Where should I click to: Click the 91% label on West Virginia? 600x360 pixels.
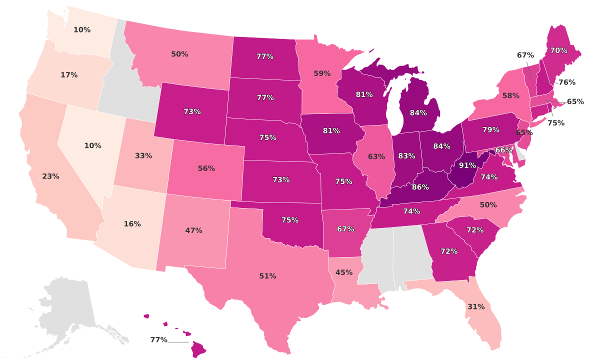click(467, 165)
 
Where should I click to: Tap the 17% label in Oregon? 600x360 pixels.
click(69, 75)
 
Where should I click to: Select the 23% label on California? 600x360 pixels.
click(50, 176)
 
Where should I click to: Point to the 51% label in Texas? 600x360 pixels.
click(267, 276)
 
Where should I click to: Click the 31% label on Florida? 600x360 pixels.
click(476, 306)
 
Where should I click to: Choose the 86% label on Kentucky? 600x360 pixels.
click(420, 187)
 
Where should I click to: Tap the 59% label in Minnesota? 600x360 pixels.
click(322, 73)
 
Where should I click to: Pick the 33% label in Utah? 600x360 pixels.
click(143, 155)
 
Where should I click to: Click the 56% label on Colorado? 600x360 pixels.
click(206, 168)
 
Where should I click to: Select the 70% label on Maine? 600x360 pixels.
click(558, 50)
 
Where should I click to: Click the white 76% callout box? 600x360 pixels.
click(566, 82)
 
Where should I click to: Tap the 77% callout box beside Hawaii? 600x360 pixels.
click(158, 340)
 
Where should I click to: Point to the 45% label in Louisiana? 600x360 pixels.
click(344, 272)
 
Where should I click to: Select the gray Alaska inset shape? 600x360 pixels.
click(67, 305)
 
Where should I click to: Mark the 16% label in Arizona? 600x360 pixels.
click(132, 224)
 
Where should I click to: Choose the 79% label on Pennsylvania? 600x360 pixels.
click(490, 130)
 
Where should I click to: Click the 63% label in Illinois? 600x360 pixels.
click(376, 156)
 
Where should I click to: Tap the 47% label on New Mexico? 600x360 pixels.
click(193, 230)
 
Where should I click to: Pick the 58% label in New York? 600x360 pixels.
click(510, 95)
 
